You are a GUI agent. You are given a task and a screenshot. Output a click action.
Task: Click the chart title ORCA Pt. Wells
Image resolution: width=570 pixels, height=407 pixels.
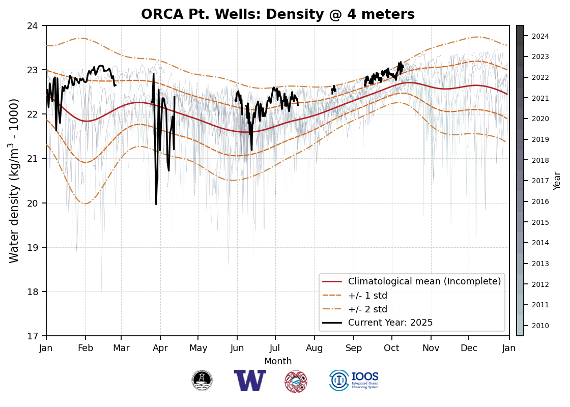(x=278, y=14)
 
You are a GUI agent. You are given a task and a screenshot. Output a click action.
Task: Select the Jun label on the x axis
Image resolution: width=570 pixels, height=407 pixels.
(x=237, y=348)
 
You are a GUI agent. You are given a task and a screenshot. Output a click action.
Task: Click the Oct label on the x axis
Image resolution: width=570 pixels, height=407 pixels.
(x=392, y=348)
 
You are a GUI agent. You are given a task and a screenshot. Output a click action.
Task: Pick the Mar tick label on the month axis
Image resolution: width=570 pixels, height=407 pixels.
(x=121, y=348)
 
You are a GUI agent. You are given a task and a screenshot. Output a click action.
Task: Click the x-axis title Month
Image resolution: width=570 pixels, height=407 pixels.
(x=278, y=361)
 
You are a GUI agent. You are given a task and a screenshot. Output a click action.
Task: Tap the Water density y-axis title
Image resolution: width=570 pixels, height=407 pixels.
(x=14, y=181)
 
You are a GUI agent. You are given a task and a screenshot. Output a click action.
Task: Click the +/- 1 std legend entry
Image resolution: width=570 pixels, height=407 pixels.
(x=367, y=295)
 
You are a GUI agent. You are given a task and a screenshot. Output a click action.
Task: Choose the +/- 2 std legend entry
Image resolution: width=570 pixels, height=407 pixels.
(x=367, y=309)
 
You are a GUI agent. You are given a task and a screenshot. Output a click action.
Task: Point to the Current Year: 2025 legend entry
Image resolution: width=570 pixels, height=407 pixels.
(x=390, y=323)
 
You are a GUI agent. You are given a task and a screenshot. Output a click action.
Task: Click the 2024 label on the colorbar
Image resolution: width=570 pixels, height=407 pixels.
(x=540, y=36)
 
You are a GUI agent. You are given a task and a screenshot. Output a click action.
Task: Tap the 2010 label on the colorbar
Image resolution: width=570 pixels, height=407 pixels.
(x=540, y=326)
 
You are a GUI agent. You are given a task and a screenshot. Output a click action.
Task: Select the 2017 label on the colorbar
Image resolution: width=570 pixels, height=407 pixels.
(x=540, y=181)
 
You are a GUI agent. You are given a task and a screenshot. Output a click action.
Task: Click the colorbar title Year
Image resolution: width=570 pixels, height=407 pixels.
(x=557, y=181)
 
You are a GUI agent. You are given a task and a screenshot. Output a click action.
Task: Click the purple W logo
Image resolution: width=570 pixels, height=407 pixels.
(x=250, y=381)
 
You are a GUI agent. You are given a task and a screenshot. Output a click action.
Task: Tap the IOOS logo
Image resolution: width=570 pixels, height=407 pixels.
(x=354, y=381)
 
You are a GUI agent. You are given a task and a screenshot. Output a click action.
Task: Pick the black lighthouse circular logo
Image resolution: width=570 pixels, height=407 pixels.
(x=202, y=381)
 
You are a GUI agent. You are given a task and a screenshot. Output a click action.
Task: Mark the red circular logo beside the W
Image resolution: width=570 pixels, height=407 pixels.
(x=296, y=381)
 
